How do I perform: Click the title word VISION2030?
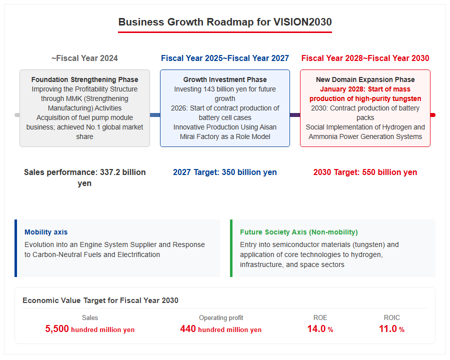302,22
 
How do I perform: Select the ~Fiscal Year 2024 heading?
84,58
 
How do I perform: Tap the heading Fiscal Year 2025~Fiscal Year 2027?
224,58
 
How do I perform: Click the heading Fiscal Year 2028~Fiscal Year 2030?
365,58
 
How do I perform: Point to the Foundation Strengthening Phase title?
84,79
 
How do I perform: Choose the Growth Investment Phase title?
225,79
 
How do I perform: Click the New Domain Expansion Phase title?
365,79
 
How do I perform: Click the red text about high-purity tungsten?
365,94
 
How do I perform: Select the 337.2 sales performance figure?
110,172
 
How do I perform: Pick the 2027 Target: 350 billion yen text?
224,172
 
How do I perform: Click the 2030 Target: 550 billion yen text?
365,172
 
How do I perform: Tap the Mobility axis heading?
46,232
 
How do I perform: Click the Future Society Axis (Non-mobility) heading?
299,232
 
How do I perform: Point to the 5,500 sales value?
57,328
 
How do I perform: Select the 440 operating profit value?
187,328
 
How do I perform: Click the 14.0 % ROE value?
320,328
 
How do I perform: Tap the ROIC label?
391,318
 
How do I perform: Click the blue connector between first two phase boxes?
155,115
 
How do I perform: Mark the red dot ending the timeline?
433,115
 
